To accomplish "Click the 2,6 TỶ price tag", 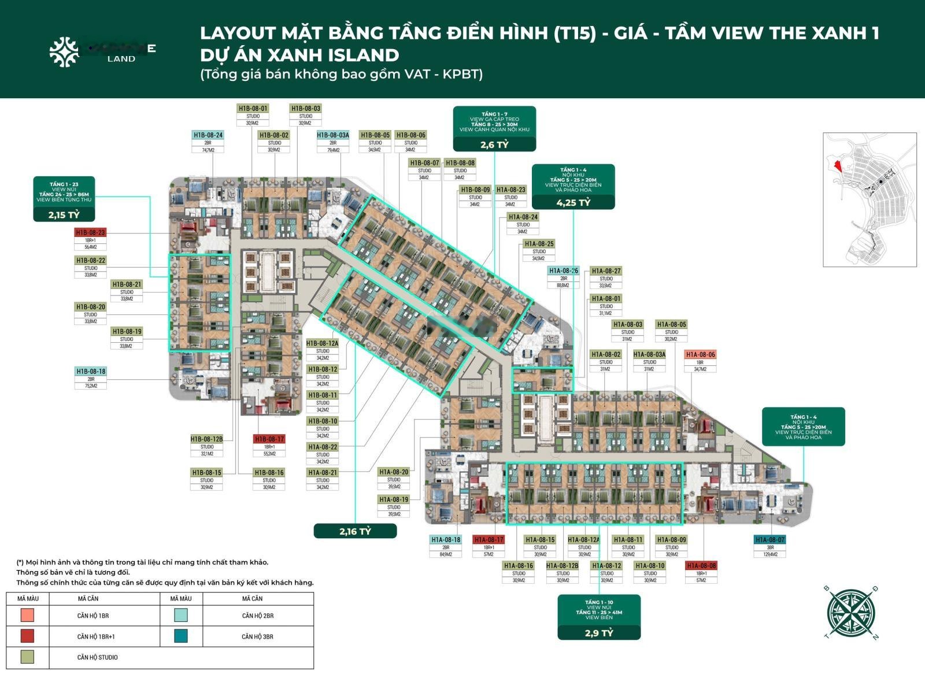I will (494, 144).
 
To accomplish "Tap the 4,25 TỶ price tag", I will (573, 202).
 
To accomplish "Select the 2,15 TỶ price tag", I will (64, 214).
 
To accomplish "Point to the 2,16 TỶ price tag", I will (355, 531).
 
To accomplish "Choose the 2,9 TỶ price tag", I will (598, 632).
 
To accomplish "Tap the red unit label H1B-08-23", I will (90, 232).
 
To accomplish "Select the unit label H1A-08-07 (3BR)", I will (770, 540).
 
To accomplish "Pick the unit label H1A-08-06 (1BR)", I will (700, 354).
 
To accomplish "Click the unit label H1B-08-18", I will (91, 371).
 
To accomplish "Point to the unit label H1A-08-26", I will (563, 271).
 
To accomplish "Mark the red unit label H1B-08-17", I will (269, 439).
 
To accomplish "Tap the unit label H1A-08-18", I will (446, 540).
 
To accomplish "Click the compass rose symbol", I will (850, 612).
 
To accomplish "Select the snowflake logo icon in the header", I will (64, 51).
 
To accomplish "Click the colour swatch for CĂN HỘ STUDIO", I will (27, 657).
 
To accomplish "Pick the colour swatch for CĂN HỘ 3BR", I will (181, 636).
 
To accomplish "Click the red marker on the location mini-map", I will (836, 164).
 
